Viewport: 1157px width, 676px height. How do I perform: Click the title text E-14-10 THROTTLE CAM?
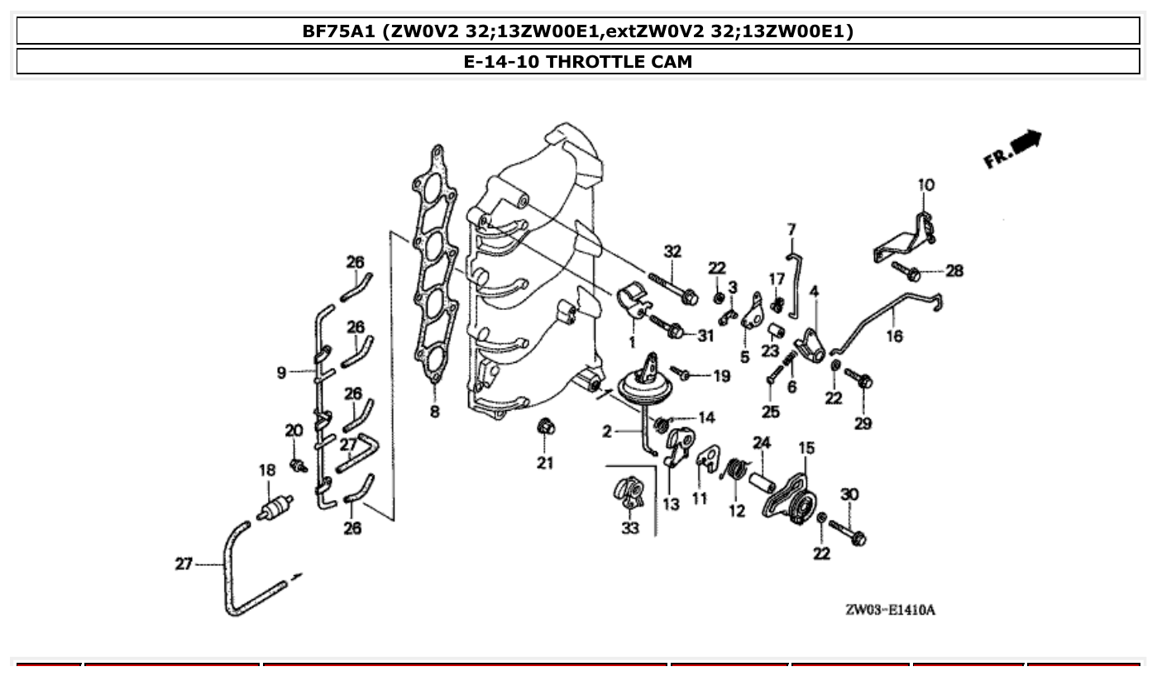577,61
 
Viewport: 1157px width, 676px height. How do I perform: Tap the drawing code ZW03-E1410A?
890,610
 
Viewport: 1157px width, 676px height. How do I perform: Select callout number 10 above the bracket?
925,184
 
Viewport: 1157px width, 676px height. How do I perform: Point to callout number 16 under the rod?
895,336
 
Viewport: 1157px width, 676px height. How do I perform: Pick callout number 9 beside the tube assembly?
282,374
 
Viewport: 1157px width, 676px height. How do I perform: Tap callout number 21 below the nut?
544,463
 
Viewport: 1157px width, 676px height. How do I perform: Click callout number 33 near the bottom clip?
630,527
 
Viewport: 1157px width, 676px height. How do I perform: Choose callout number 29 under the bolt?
863,423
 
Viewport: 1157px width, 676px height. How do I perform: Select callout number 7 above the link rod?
791,229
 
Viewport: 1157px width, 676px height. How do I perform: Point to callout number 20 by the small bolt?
294,430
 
